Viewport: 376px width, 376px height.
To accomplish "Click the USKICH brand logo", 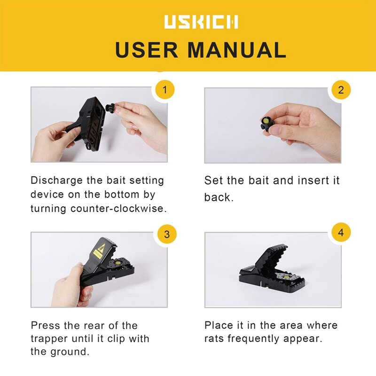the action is (201, 22).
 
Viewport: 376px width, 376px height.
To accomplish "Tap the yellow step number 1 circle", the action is (164, 90).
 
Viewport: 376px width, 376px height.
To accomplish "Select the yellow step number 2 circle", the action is (341, 90).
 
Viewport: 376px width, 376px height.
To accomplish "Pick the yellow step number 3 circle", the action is (167, 234).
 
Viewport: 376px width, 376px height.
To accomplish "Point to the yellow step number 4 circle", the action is (341, 232).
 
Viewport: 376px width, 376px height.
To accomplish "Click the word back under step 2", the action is (219, 197).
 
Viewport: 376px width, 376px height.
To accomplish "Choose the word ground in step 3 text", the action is (70, 352).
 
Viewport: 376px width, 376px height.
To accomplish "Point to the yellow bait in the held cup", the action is (266, 121).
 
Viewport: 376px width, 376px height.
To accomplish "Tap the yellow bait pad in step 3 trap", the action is (117, 263).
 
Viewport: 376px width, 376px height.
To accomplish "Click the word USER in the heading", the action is (147, 50).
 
